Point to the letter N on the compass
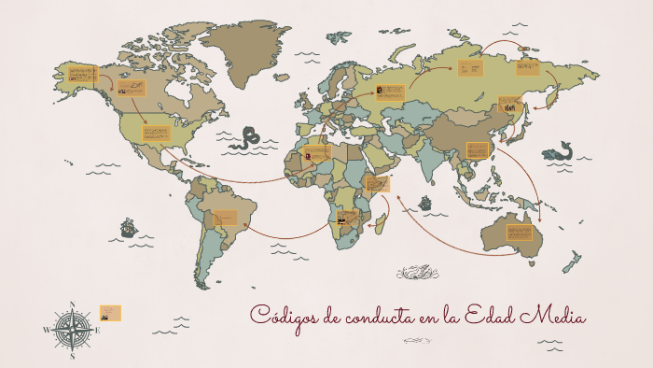72,303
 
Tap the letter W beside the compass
46,330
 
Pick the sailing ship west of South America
129,227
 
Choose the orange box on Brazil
226,218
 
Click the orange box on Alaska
80,76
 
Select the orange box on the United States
156,133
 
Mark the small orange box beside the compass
110,313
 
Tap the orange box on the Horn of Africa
377,183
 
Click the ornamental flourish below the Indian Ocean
417,273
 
